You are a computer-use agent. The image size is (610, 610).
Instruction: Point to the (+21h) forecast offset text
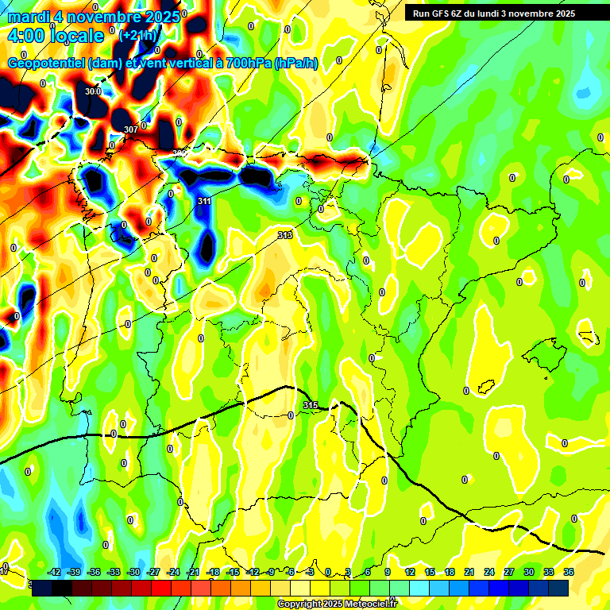pos(138,35)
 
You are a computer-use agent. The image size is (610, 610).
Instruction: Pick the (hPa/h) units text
pos(295,64)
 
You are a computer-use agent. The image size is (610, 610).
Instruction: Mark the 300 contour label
pos(92,91)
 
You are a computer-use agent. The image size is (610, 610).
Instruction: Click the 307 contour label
pos(131,129)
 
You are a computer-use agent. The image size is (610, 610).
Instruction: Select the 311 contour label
pos(204,202)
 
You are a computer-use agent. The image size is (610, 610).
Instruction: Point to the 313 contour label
pos(285,235)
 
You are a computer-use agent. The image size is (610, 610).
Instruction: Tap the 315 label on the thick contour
pos(311,406)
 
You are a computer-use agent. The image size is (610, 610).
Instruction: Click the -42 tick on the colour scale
pos(54,573)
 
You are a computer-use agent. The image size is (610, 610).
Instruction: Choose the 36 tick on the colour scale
pos(569,573)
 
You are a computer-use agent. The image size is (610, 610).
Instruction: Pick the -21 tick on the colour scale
pos(193,573)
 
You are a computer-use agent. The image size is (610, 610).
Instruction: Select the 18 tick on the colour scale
pos(450,573)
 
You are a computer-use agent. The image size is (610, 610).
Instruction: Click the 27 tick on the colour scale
pos(509,573)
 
